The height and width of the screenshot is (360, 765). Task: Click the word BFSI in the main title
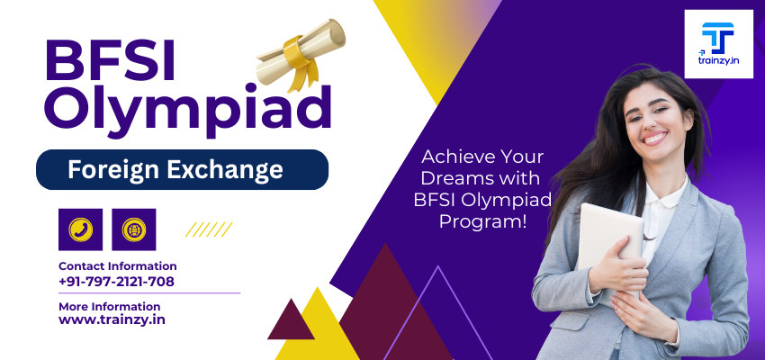tap(110, 60)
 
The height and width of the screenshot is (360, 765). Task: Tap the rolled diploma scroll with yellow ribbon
tap(301, 54)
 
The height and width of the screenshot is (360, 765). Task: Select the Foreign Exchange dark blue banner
tap(182, 170)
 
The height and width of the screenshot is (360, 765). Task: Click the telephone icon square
tap(80, 229)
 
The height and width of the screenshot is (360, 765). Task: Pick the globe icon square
tap(134, 229)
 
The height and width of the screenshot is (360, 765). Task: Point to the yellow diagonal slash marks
tap(209, 229)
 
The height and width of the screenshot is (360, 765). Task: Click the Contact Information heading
tap(118, 266)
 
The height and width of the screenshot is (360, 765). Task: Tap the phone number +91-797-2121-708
tap(116, 282)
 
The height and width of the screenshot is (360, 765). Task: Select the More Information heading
tap(109, 307)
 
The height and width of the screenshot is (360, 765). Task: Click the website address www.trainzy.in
tap(112, 320)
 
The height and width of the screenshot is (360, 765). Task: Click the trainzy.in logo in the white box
tap(719, 44)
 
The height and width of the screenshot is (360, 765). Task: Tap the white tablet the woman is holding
tap(610, 244)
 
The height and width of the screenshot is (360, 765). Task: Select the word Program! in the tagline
tap(483, 221)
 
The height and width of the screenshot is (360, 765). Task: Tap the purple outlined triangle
tap(438, 312)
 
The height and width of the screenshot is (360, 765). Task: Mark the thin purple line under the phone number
tap(149, 293)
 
